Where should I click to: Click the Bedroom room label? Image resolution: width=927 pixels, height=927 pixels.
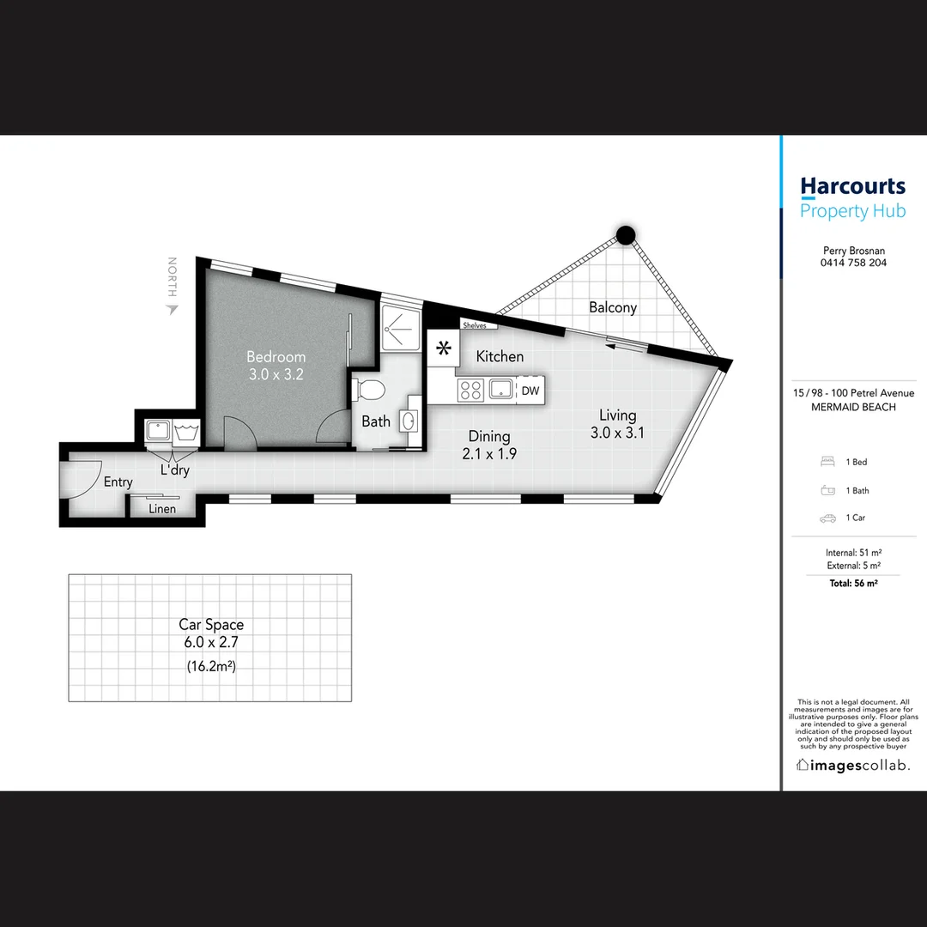point(276,357)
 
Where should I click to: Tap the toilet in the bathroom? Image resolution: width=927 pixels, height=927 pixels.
point(370,389)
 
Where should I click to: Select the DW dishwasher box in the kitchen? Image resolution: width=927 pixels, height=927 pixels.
point(530,391)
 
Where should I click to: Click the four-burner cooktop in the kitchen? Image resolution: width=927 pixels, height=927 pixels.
point(470,391)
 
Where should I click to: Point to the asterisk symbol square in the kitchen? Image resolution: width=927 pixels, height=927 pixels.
point(444,348)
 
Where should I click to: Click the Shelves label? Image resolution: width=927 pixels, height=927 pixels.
point(474,325)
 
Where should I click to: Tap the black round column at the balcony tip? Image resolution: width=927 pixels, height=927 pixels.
point(626,233)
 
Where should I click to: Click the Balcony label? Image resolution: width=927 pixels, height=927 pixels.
point(612,307)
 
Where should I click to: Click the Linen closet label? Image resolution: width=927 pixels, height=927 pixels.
point(162,509)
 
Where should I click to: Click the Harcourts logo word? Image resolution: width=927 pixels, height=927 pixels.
point(852,186)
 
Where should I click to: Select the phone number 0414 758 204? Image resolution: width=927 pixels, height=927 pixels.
point(853,263)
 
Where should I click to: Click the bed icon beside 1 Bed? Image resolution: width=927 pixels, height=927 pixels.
point(827,462)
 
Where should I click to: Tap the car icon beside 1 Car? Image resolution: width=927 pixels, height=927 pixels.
point(827,518)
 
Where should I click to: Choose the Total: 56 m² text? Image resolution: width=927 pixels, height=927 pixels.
point(853,584)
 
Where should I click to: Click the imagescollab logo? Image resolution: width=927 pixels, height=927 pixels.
point(853,765)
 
